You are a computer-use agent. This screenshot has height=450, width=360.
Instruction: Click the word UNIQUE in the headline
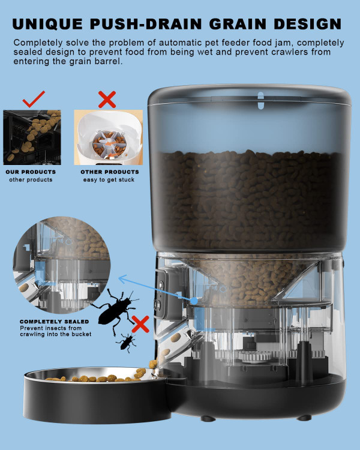[x=47, y=24]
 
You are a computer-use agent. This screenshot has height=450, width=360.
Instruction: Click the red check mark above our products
[x=34, y=99]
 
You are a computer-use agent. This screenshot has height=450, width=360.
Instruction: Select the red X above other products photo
[x=107, y=99]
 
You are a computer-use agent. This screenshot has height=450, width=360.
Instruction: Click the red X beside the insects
[x=140, y=324]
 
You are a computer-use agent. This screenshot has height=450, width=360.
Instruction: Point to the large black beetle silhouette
[x=116, y=311]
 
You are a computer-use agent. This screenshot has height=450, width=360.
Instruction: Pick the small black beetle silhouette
[x=127, y=343]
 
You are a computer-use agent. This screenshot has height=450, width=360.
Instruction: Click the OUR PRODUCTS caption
[x=31, y=172]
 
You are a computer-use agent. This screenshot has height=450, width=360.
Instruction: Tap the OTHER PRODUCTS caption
[x=110, y=172]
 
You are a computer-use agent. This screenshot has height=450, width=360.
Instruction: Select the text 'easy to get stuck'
[x=109, y=180]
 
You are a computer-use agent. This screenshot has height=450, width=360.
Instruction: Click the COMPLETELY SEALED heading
[x=54, y=322]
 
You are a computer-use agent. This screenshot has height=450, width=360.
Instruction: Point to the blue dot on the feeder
[x=194, y=301]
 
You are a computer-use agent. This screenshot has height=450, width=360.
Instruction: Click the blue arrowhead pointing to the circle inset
[x=123, y=279]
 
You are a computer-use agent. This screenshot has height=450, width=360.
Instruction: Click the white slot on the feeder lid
[x=260, y=100]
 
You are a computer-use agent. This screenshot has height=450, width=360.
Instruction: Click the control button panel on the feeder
[x=160, y=294]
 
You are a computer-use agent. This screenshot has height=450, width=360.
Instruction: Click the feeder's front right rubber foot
[x=304, y=418]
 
